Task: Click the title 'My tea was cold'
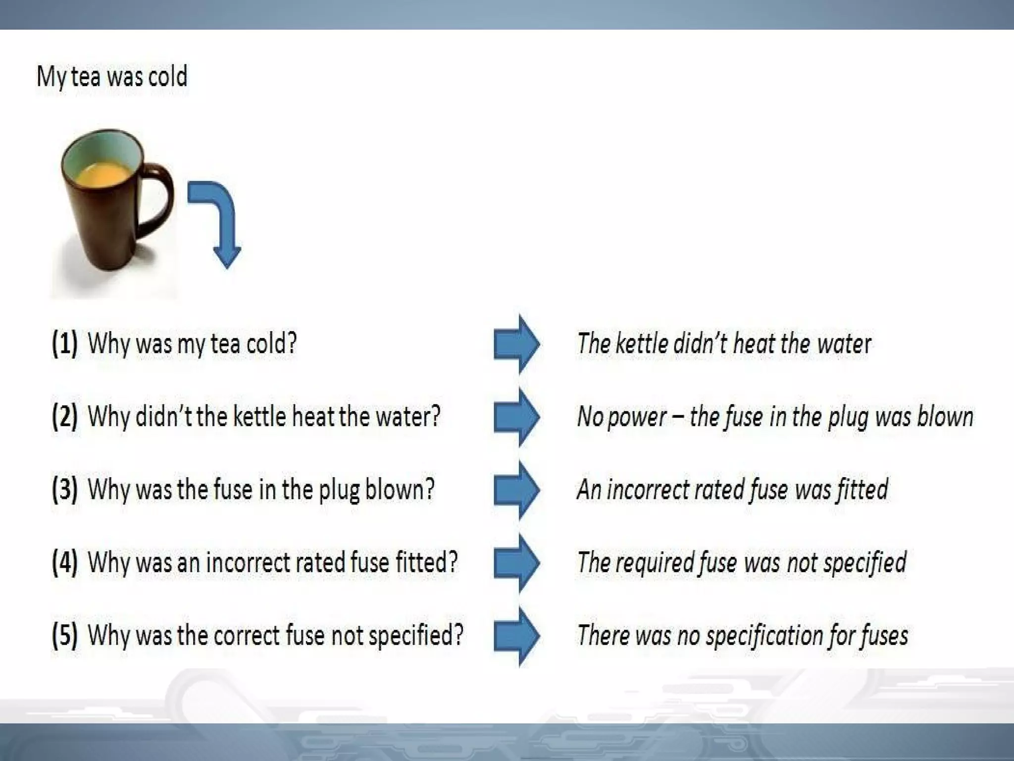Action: point(112,77)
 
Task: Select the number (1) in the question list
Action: point(65,343)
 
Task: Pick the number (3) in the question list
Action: point(65,489)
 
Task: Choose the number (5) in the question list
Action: point(65,635)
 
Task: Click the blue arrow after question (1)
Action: point(516,344)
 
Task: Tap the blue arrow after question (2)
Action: point(516,417)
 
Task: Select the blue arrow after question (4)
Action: point(516,563)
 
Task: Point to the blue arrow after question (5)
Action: point(516,636)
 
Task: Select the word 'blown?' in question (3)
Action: point(400,489)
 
